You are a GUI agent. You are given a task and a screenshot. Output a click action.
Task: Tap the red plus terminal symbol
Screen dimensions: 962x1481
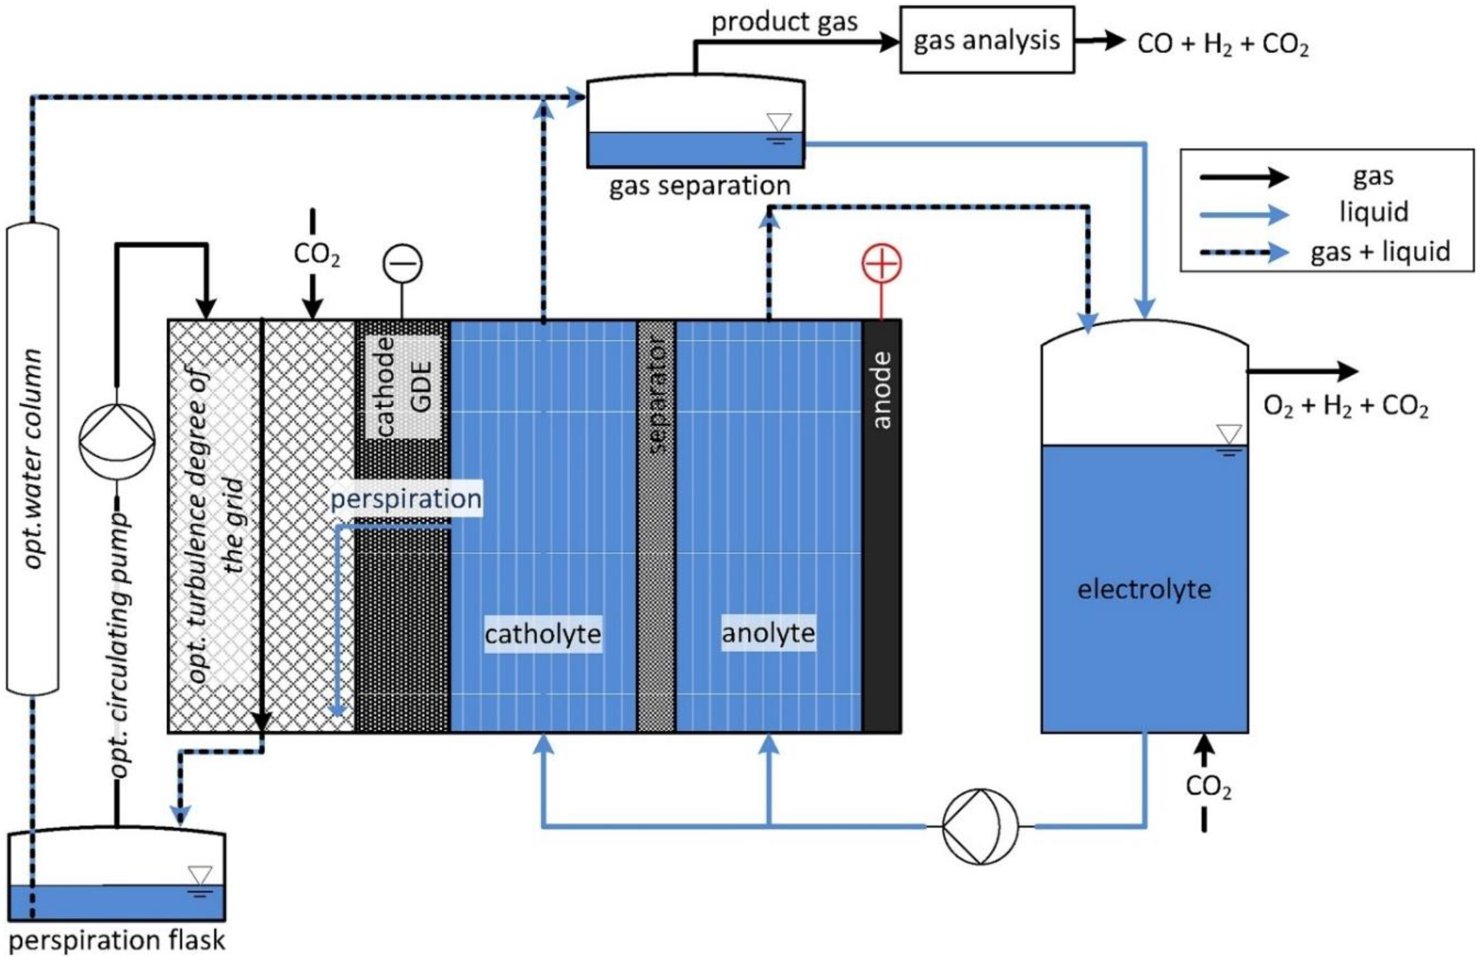[881, 263]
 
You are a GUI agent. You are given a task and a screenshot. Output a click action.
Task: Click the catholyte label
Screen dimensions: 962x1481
[543, 634]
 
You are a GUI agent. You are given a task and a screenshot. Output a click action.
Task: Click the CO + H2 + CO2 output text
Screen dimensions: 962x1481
[1222, 45]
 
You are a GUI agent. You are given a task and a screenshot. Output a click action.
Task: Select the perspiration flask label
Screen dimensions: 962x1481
[117, 941]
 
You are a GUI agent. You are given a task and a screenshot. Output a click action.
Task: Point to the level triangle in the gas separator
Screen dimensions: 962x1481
[778, 122]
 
